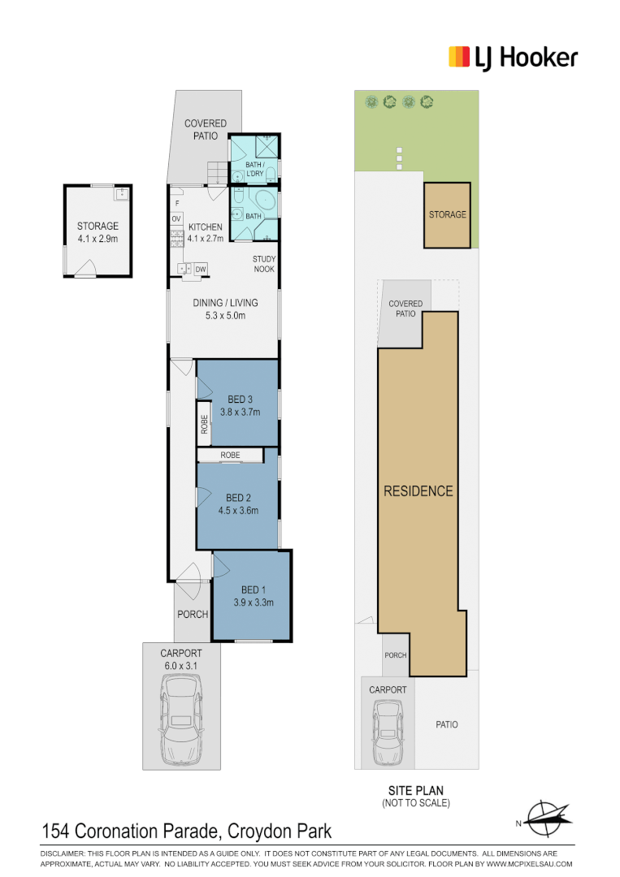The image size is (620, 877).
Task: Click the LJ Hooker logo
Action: [x=513, y=58]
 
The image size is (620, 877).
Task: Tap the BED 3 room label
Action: [x=241, y=399]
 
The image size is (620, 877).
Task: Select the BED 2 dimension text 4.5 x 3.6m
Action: [x=238, y=511]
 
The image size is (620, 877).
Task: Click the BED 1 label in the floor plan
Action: [x=253, y=590]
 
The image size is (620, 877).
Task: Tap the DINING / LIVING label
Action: [x=225, y=303]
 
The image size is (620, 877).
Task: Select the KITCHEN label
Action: [x=205, y=227]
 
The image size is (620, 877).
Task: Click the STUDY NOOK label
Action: [x=264, y=264]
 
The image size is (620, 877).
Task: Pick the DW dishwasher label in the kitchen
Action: [x=201, y=268]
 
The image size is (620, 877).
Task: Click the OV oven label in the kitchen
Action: [x=176, y=218]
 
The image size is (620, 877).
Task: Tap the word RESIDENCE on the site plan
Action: [x=418, y=490]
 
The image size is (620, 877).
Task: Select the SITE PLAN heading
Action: [x=415, y=790]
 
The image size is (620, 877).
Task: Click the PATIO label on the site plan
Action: [x=446, y=724]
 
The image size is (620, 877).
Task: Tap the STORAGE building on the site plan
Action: [x=447, y=214]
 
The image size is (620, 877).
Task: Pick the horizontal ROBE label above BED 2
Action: [x=230, y=456]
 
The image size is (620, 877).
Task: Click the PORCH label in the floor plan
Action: [x=193, y=614]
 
